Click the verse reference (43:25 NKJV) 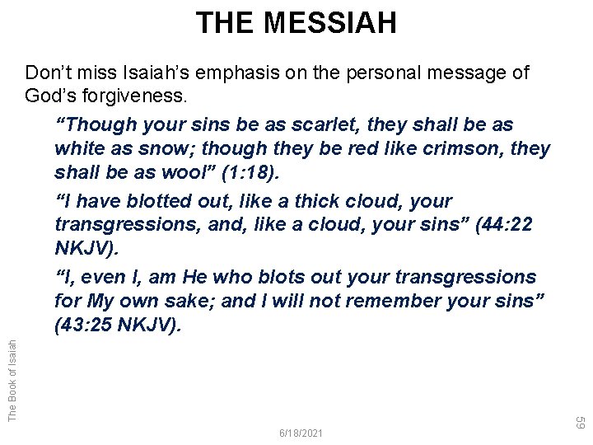116,326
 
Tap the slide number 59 580,423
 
